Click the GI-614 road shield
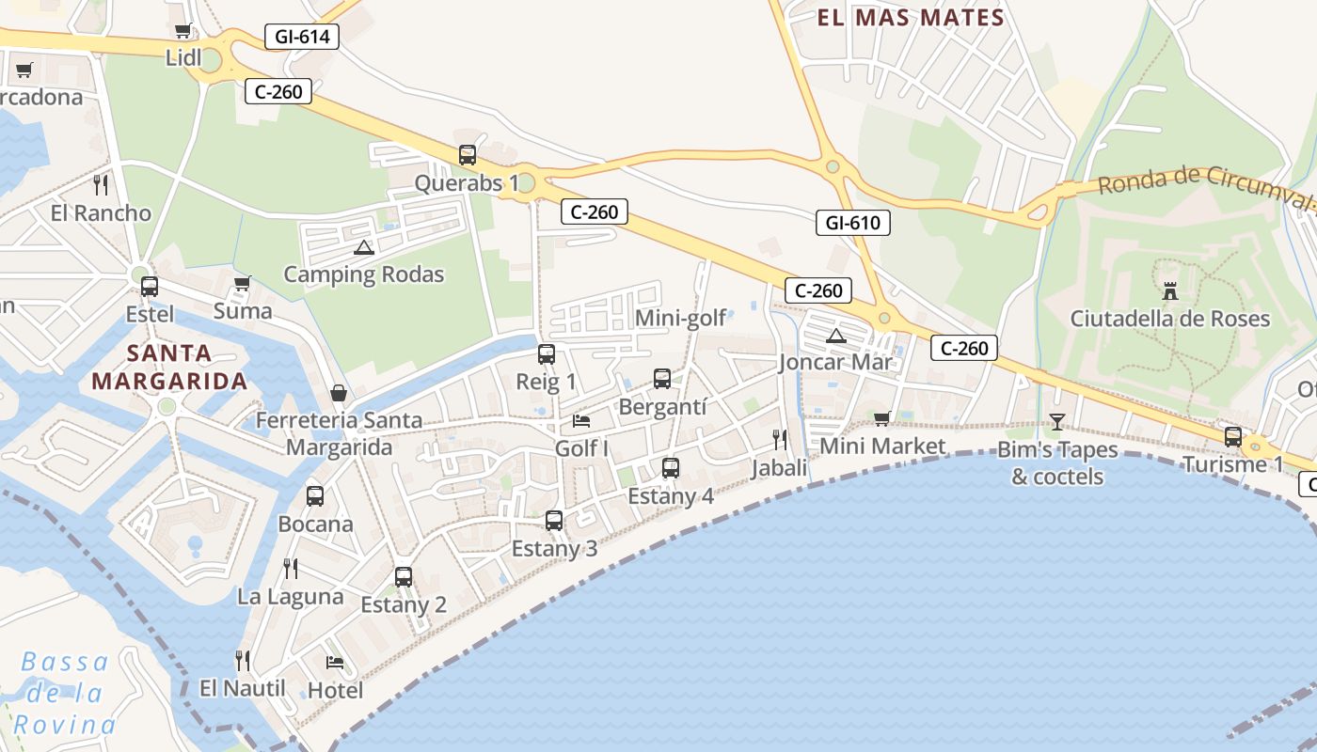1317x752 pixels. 302,37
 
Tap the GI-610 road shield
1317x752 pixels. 852,223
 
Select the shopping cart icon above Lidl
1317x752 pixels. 183,31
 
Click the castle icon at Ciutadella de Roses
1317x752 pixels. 1170,291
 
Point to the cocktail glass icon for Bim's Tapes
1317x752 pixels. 1057,421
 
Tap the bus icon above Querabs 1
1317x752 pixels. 468,155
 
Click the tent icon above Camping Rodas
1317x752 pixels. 364,247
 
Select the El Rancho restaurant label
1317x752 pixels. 101,212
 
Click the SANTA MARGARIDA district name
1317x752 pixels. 170,368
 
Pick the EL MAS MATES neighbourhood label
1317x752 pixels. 911,17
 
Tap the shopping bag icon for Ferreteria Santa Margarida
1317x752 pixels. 338,393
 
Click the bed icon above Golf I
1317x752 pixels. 581,420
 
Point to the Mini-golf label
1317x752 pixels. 681,318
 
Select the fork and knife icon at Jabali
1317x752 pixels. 780,439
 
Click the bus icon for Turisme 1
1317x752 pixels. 1233,436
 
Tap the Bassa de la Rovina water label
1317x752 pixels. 65,693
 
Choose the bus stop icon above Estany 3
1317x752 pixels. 554,520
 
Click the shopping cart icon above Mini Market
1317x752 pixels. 881,418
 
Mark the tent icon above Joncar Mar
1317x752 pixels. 835,336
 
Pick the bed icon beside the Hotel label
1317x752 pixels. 334,663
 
